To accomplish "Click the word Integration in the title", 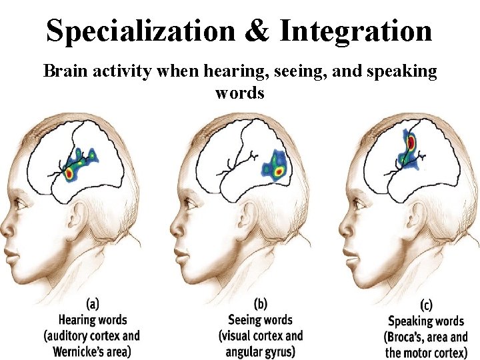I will click(x=356, y=30).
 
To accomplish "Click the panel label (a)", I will click(x=93, y=304).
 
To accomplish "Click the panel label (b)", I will click(x=260, y=304).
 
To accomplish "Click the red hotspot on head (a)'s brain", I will click(x=69, y=173).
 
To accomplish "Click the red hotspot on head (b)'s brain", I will click(x=279, y=172).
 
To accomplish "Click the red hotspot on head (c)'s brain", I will click(x=411, y=142).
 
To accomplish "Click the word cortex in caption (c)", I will click(x=451, y=353).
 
